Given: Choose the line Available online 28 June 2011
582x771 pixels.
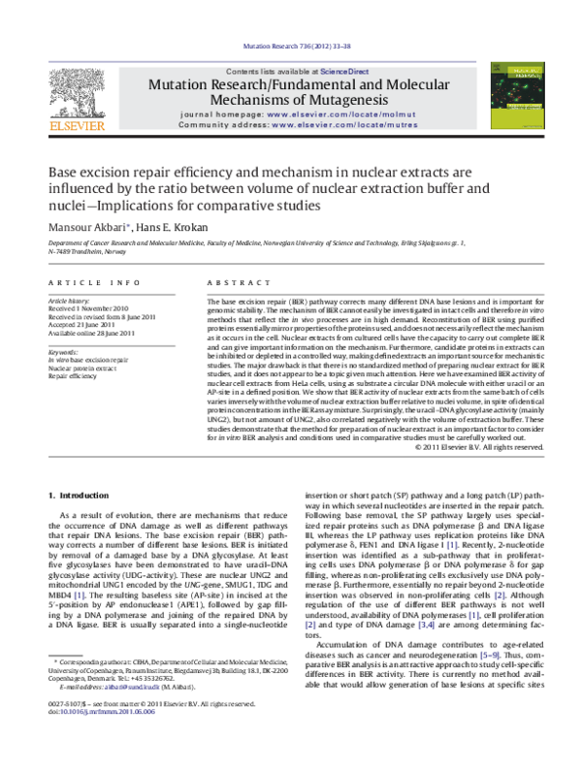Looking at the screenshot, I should coord(93,336).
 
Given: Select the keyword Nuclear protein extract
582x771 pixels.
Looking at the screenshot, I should coord(86,369).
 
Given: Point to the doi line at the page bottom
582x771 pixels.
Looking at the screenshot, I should coord(97,738).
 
